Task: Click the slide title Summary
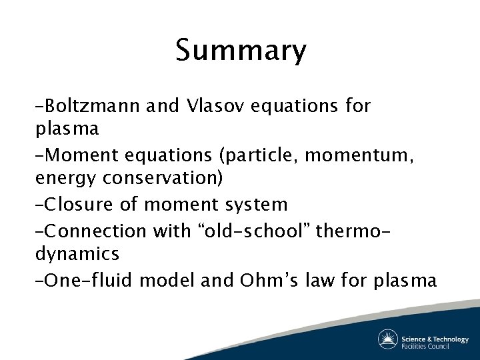[x=241, y=51]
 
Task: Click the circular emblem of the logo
[x=388, y=339]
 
